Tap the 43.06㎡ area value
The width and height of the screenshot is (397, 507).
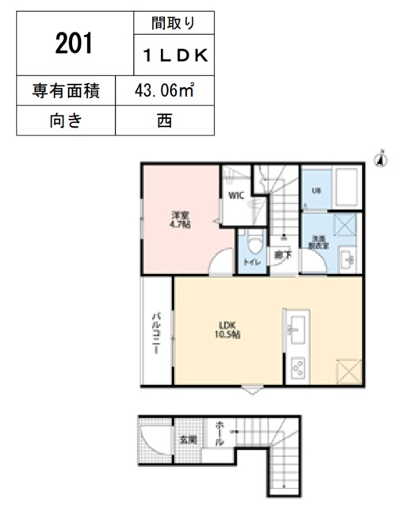[x=166, y=92]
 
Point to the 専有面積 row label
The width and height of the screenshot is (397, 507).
[x=66, y=92]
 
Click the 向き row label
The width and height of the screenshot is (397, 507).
[x=66, y=121]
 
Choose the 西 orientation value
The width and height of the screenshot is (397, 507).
[x=166, y=121]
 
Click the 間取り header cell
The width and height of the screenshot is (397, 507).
[x=175, y=24]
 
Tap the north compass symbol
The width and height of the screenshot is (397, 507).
[x=380, y=158]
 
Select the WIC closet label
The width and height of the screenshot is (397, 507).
[x=236, y=195]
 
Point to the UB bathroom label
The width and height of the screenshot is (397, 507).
[x=315, y=191]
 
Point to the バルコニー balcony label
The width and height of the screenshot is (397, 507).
[x=157, y=333]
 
